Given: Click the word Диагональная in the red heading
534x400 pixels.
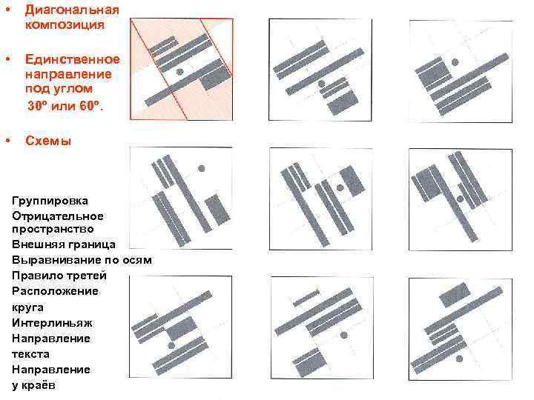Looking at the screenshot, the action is (x=72, y=10).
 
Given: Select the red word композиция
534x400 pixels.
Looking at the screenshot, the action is (x=65, y=24).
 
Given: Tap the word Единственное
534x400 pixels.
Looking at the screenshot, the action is (x=73, y=59).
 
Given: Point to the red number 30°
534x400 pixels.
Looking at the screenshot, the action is (x=36, y=105).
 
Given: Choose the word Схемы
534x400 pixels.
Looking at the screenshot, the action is (x=48, y=141).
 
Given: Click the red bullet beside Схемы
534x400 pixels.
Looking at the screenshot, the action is (x=8, y=140).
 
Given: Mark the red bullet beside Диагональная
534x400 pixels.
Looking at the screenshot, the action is (x=8, y=9).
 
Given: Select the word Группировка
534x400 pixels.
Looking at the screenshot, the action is (x=50, y=201).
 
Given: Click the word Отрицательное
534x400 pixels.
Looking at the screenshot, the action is (x=58, y=216).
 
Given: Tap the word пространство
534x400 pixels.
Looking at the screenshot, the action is (x=53, y=229).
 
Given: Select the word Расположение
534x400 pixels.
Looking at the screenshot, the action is (x=55, y=291).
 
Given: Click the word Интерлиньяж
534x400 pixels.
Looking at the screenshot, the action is (x=52, y=323).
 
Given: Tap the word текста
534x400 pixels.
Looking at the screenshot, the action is (x=30, y=354).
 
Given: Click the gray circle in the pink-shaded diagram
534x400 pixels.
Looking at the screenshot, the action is (x=179, y=71).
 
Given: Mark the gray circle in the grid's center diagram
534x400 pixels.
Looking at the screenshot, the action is (x=340, y=187).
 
